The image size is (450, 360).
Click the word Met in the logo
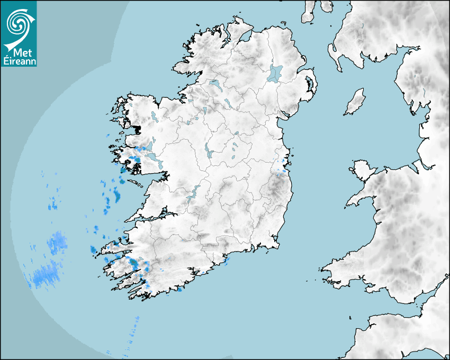point(19,54)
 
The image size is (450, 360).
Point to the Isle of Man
point(355,102)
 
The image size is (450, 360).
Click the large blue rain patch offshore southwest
point(47,274)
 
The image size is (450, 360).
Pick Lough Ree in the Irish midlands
point(208,152)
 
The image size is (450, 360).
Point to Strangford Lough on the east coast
point(309,84)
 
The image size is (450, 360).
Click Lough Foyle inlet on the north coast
point(244,38)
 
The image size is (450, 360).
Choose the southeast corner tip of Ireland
point(276,245)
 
